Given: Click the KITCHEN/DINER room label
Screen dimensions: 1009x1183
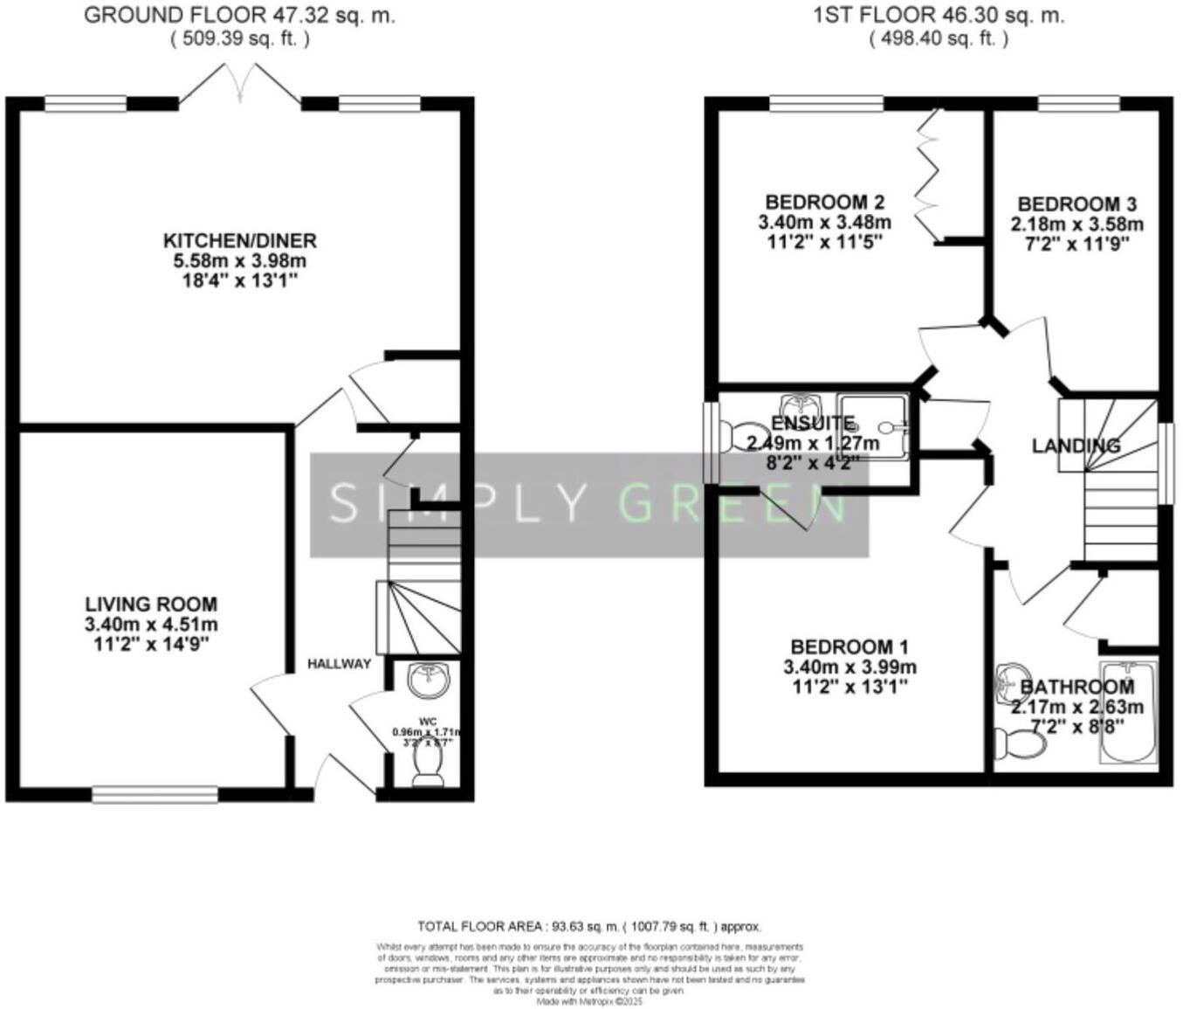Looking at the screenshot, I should point(240,240).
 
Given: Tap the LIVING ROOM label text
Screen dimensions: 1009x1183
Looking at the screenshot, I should point(151,604).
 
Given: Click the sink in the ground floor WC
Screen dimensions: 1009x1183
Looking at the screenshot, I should point(428,681).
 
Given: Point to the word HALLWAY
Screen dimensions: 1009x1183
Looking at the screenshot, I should point(339,664).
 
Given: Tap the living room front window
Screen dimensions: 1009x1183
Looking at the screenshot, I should point(155,794).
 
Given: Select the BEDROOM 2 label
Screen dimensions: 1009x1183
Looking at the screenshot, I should point(824,203).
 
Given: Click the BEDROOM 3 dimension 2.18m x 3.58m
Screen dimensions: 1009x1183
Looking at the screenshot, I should point(1076,225).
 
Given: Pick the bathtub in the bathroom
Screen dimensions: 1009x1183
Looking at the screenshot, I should point(1128,712).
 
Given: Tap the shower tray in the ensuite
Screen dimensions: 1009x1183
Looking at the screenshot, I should point(872,425).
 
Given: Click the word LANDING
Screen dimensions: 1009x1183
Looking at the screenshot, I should point(1076,446).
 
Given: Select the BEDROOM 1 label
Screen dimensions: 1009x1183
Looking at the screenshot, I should point(849,647).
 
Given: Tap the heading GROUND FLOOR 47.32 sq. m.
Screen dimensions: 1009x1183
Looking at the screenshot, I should point(239,16).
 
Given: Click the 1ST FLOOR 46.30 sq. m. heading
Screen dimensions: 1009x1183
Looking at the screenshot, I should point(939,16).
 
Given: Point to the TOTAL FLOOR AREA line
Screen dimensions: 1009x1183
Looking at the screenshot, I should point(589,927).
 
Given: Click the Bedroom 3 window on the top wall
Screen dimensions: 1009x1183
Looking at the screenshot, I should point(1078,103).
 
